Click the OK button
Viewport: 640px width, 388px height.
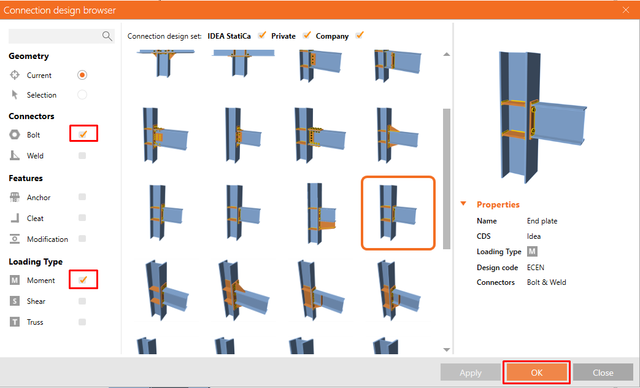(537, 373)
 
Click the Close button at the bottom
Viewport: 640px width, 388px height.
(603, 373)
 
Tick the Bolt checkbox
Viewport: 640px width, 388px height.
(83, 134)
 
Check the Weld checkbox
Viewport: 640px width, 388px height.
(82, 156)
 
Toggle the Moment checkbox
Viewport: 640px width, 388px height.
(83, 280)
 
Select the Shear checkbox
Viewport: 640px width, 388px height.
(82, 301)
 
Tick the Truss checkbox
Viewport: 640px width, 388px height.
(82, 322)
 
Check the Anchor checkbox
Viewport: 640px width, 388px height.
(82, 198)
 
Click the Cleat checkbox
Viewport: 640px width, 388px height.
(82, 219)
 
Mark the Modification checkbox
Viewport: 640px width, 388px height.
(82, 239)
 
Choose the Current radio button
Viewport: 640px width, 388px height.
(82, 76)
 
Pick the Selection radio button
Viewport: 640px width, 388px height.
(82, 95)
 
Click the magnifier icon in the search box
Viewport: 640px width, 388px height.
(107, 36)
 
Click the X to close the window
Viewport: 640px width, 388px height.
(626, 10)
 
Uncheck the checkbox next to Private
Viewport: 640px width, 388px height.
(307, 36)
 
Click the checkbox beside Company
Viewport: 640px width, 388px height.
(360, 36)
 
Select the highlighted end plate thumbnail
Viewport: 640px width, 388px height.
(398, 213)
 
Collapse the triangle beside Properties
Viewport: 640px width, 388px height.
(464, 204)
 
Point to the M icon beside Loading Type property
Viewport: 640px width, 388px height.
(532, 252)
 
